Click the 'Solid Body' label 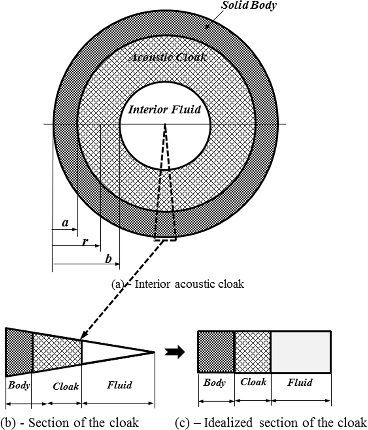coord(248,5)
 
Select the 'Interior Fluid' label coord(165,109)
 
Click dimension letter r coord(85,241)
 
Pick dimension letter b coord(108,259)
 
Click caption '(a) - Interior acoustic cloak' coord(178,284)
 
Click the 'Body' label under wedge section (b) coord(19,385)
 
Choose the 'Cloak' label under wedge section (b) coord(66,386)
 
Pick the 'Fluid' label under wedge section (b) coord(119,385)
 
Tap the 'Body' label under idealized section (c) coord(214,382)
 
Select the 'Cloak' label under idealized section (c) coord(253,382)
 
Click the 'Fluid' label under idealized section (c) coord(300,382)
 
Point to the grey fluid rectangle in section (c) coord(301,352)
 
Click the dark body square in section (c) coord(216,352)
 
